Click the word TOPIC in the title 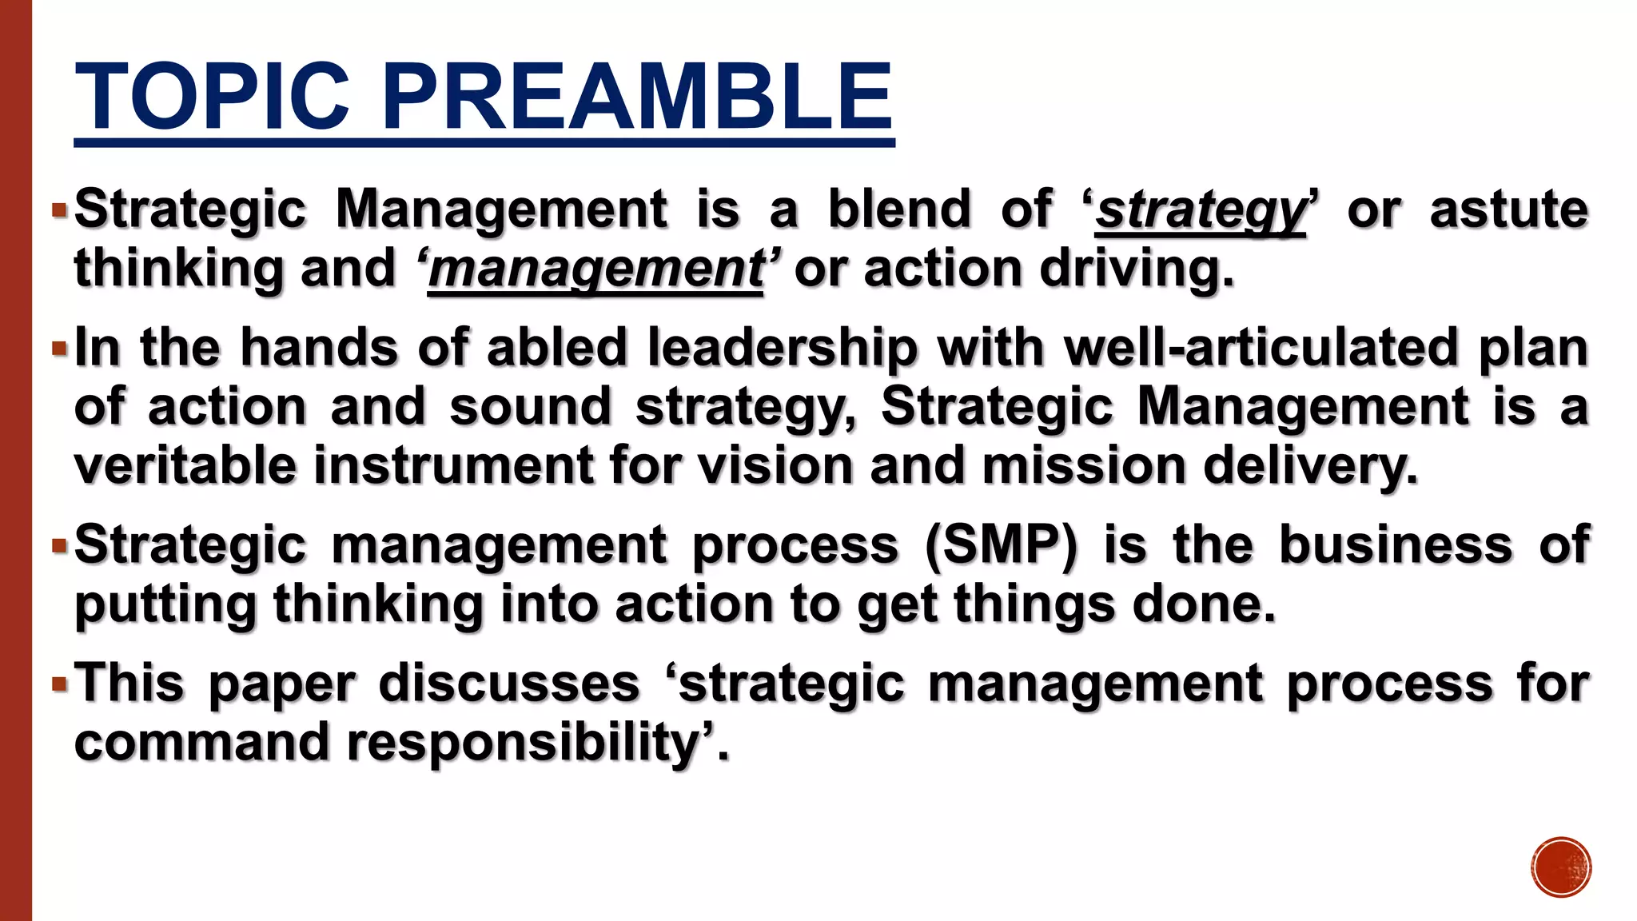[x=212, y=98]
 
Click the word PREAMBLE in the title [x=637, y=98]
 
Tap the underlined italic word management [x=595, y=269]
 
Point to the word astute [x=1508, y=209]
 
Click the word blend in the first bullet [x=899, y=209]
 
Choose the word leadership [x=783, y=349]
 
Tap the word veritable [x=185, y=465]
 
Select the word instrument [x=453, y=465]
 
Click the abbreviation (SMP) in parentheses [x=1001, y=545]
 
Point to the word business [x=1396, y=545]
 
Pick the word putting [x=165, y=606]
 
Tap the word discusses [x=509, y=684]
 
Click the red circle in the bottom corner [x=1561, y=867]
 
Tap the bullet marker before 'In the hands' [x=59, y=349]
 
